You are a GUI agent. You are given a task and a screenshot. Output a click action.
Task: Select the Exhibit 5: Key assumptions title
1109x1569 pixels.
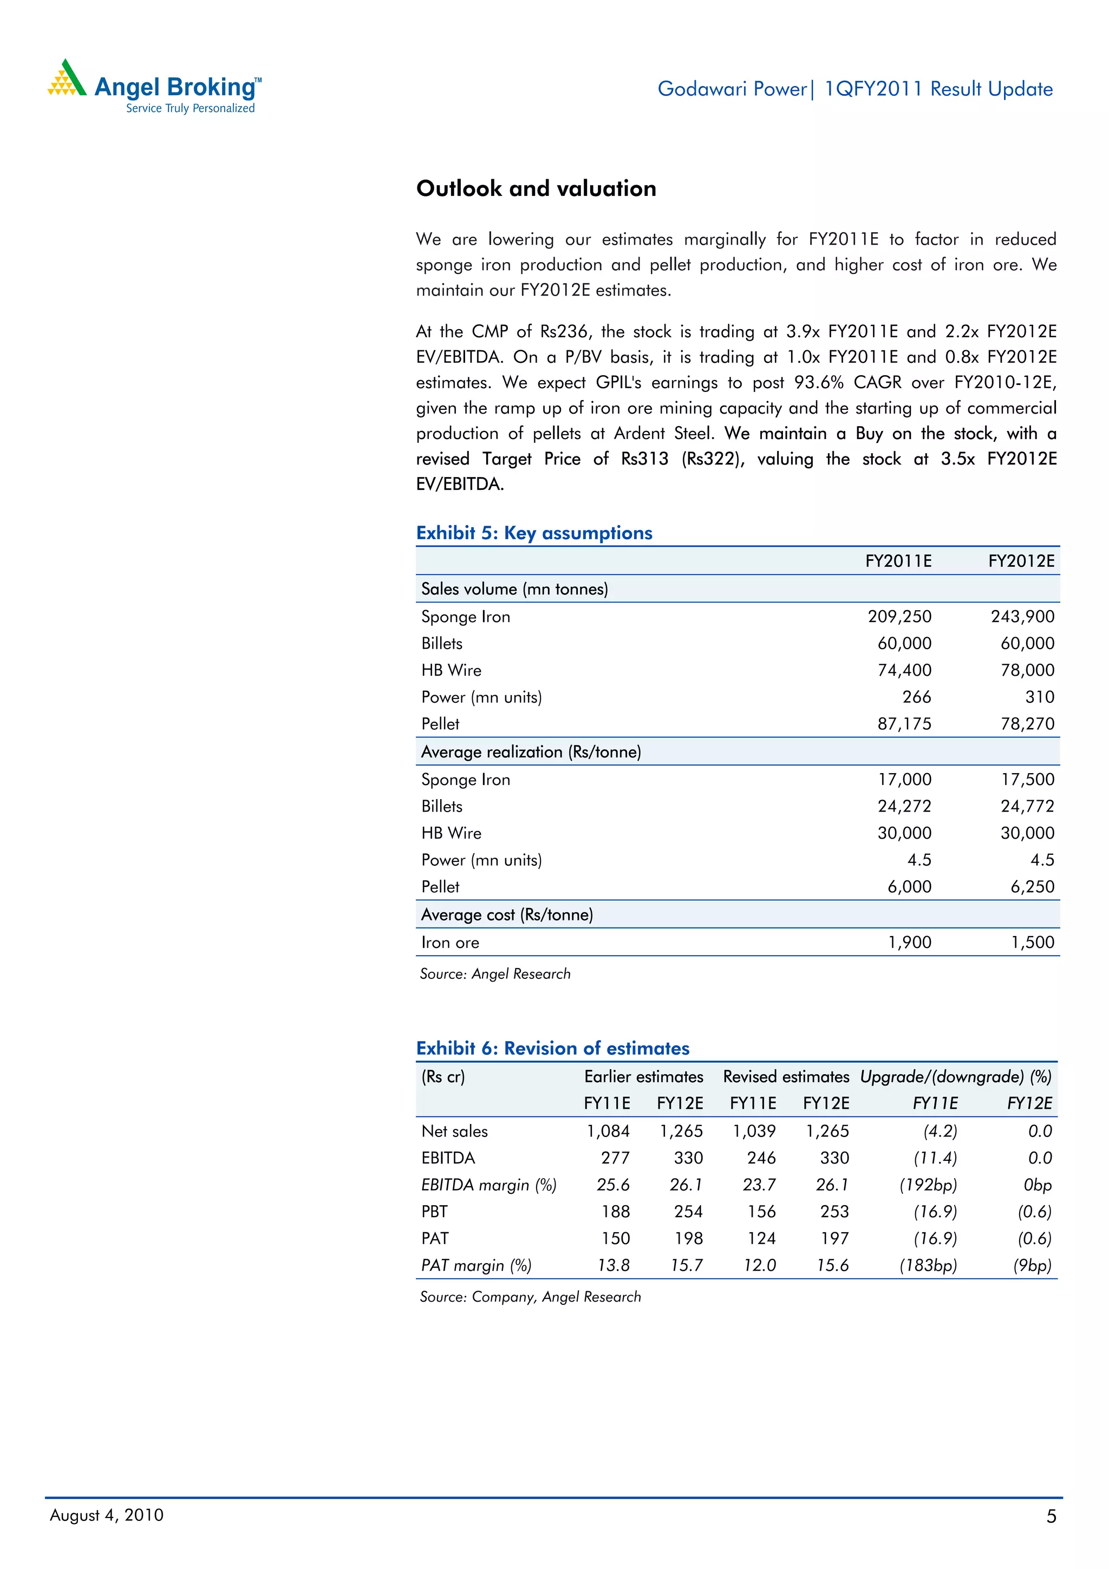[534, 533]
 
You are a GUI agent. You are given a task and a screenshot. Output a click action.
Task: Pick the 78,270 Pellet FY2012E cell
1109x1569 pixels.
[1027, 724]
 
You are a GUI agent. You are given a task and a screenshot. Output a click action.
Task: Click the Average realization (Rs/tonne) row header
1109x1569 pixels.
[531, 751]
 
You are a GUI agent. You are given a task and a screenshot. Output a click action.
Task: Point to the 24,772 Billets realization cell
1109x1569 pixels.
[1027, 806]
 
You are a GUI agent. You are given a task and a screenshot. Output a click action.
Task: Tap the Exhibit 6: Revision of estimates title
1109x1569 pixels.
[552, 1048]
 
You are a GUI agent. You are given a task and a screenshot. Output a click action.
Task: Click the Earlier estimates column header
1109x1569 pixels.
[643, 1077]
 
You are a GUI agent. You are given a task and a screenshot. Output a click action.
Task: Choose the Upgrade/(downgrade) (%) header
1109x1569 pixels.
[955, 1077]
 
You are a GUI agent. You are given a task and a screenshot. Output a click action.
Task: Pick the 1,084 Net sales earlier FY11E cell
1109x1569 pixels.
[608, 1131]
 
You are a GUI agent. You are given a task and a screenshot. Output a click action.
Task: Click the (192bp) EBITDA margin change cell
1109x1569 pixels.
[928, 1185]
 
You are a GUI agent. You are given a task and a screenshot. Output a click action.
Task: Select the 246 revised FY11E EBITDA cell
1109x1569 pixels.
[761, 1158]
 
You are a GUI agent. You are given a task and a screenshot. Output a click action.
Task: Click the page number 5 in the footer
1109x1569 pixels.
[1051, 1516]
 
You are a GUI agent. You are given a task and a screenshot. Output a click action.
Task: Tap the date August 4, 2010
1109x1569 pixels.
[107, 1515]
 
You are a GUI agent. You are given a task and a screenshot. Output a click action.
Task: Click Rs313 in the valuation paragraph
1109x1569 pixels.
[644, 459]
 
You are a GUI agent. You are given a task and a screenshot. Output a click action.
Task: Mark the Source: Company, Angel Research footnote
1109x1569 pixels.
[530, 1297]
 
